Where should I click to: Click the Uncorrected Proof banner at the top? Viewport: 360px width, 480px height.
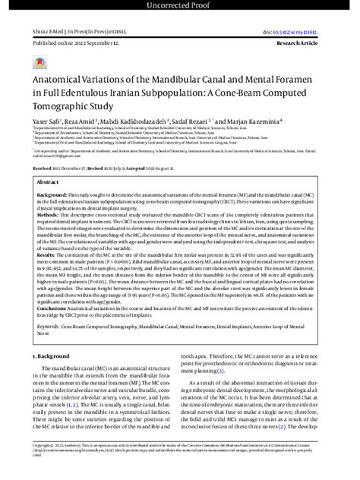click(180, 6)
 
